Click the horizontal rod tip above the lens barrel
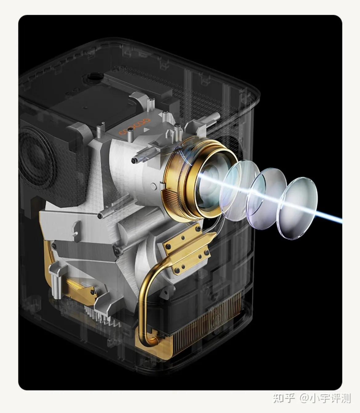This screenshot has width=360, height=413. [x=134, y=160]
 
